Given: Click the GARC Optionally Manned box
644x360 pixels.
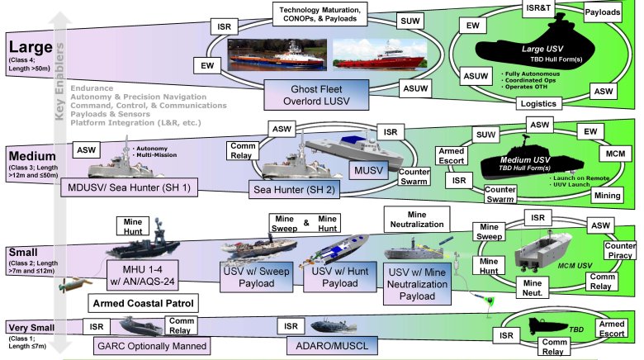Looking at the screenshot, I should pyautogui.click(x=151, y=346).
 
